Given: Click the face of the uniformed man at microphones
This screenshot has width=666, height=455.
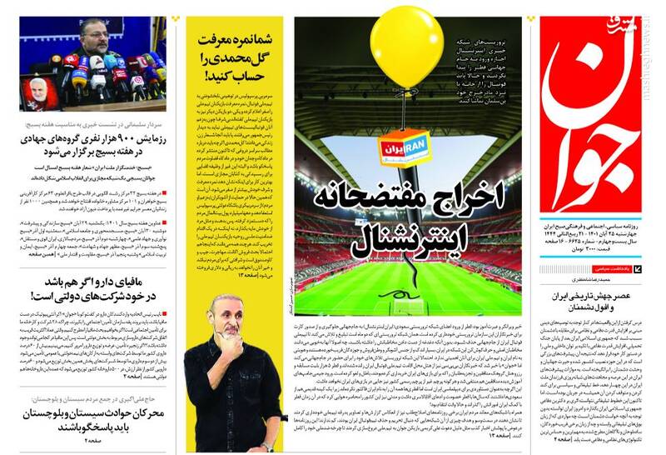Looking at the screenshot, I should [x=91, y=35].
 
